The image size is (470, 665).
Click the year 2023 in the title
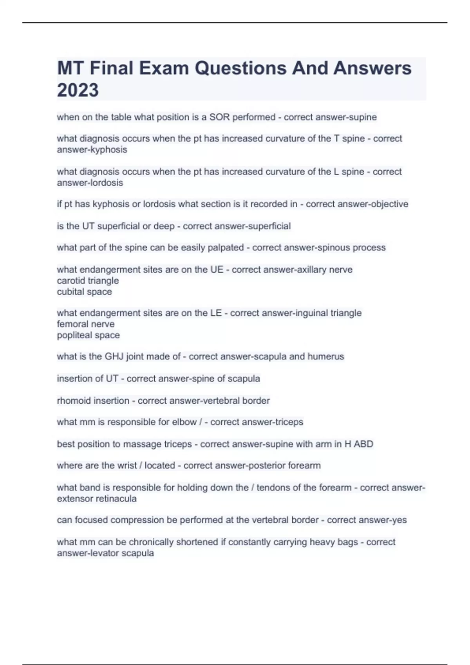click(78, 90)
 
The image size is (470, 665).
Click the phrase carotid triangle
click(88, 281)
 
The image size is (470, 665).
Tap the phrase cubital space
click(84, 292)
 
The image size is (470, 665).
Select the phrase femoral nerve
click(86, 324)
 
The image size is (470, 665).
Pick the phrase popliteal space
click(88, 335)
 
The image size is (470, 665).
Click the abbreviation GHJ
click(114, 357)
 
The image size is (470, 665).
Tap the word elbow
click(184, 422)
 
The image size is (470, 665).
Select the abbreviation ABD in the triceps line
click(363, 444)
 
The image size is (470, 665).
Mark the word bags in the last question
click(348, 542)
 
